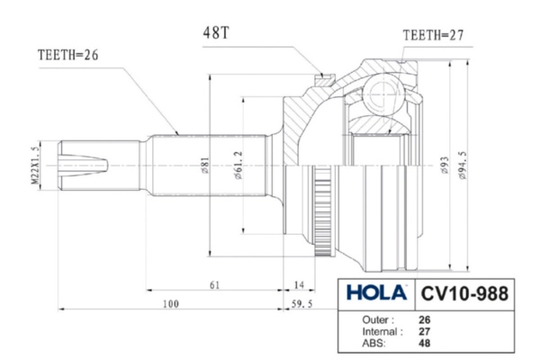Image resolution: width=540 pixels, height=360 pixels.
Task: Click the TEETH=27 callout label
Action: (433, 35)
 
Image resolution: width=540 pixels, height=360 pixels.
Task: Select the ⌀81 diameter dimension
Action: (205, 166)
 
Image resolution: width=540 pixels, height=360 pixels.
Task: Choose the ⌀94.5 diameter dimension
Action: (462, 167)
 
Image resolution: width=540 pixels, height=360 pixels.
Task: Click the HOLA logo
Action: (375, 294)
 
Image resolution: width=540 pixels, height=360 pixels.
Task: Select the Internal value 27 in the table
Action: (425, 332)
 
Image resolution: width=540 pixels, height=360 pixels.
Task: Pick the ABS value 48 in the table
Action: (425, 344)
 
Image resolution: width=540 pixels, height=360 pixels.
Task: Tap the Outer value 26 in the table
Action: (425, 319)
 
